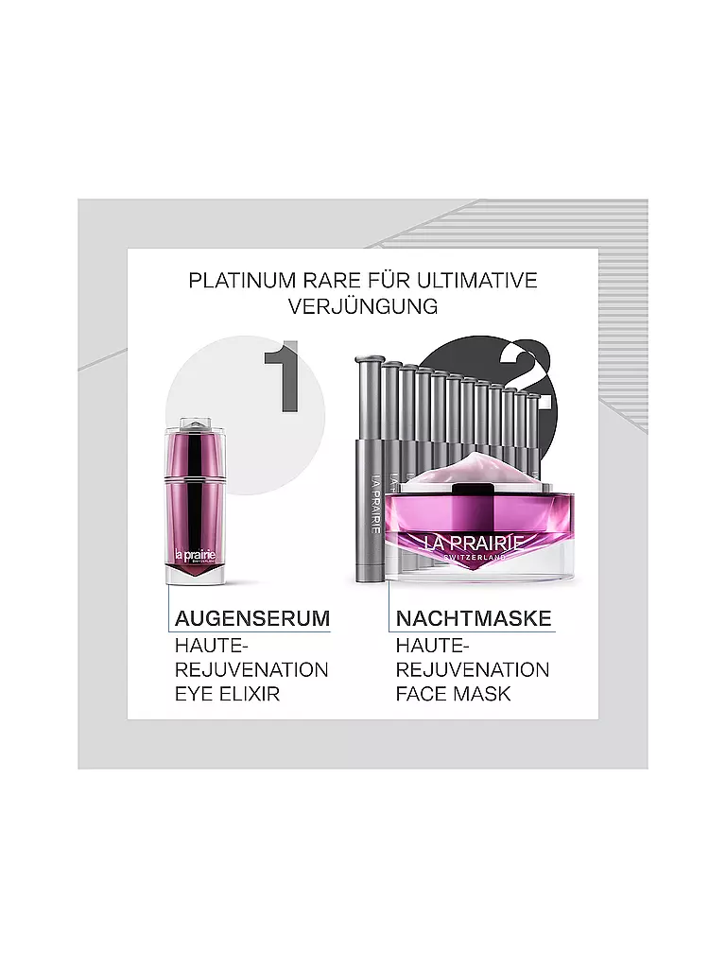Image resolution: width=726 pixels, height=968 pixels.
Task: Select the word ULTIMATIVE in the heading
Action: pyautogui.click(x=477, y=280)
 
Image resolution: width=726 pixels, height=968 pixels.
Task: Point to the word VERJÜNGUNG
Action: pyautogui.click(x=363, y=306)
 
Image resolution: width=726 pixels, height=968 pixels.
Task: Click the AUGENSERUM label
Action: pyautogui.click(x=252, y=618)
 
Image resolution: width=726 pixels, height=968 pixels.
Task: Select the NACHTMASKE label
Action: pyautogui.click(x=474, y=618)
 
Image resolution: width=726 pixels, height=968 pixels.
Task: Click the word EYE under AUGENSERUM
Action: pyautogui.click(x=193, y=694)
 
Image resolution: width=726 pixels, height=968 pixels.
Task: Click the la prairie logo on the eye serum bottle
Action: pyautogui.click(x=195, y=555)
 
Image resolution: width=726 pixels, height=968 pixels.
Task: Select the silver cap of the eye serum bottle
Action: pyautogui.click(x=195, y=425)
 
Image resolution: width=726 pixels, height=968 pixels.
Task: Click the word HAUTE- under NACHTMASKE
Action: pyautogui.click(x=433, y=646)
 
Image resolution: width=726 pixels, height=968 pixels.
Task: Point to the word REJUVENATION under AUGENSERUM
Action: pyautogui.click(x=251, y=670)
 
